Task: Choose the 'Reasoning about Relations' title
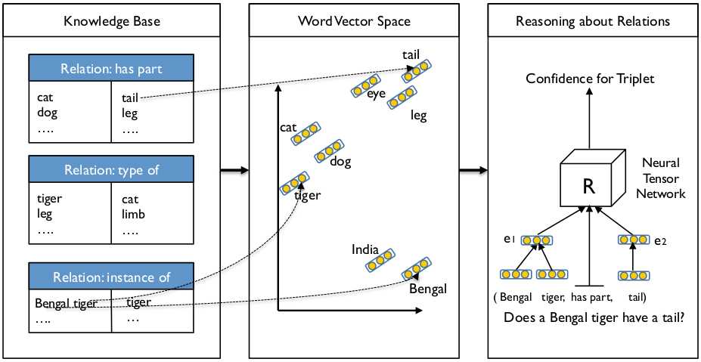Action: point(592,21)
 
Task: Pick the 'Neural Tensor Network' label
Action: point(662,178)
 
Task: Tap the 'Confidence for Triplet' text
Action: point(589,79)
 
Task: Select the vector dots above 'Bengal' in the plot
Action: point(417,268)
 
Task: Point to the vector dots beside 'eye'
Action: point(365,85)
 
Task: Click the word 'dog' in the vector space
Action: point(340,162)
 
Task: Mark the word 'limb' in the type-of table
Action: point(133,215)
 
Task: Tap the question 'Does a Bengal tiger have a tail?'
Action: point(594,318)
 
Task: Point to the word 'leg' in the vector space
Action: point(418,116)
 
